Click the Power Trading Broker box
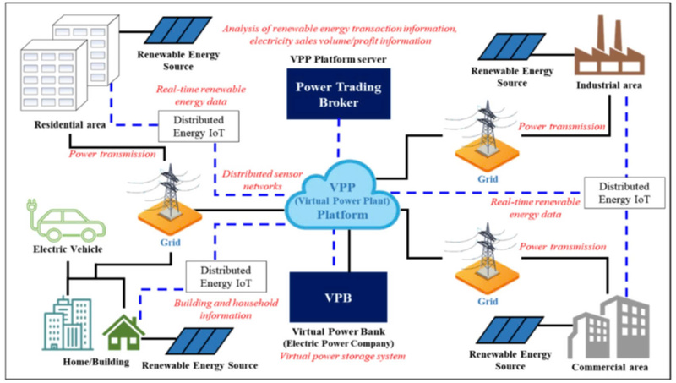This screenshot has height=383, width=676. pyautogui.click(x=339, y=92)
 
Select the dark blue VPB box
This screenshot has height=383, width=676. pyautogui.click(x=339, y=298)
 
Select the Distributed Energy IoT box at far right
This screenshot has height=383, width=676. pyautogui.click(x=624, y=192)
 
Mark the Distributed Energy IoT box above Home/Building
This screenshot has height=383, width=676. pyautogui.click(x=221, y=275)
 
